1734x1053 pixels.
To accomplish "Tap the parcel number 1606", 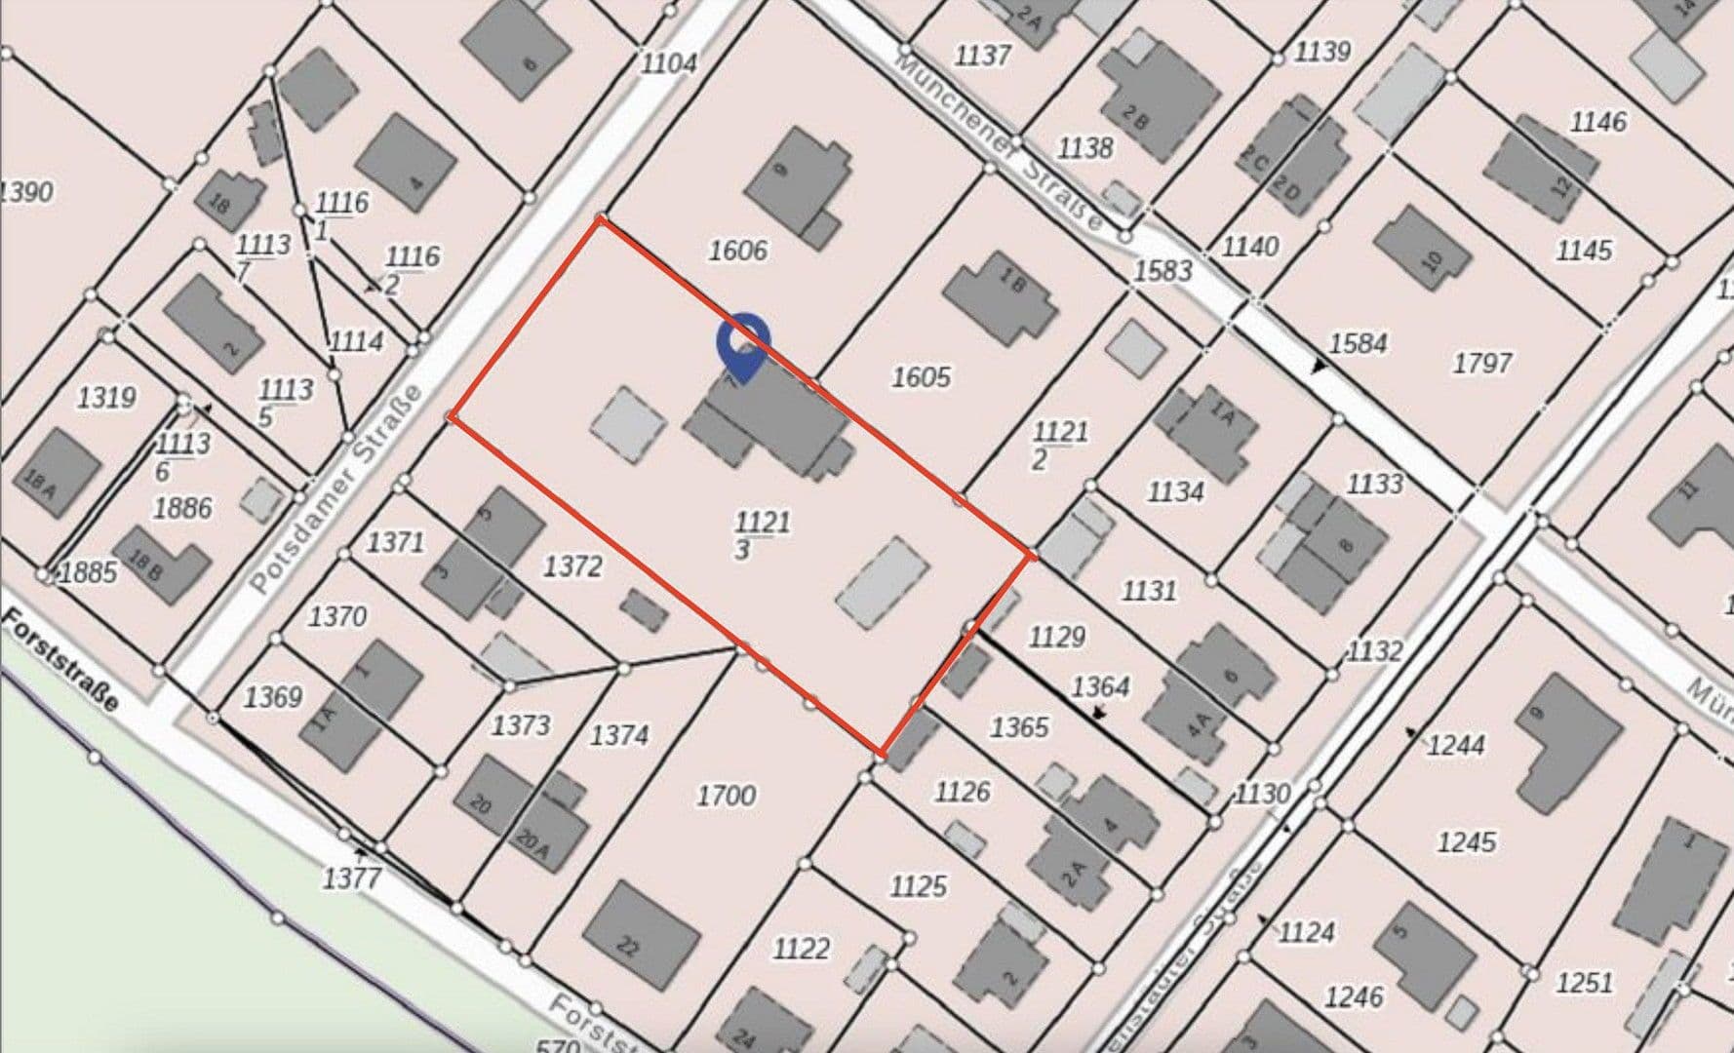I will point(737,251).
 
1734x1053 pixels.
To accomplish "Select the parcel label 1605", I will point(921,376).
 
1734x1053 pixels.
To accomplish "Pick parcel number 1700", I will point(726,796).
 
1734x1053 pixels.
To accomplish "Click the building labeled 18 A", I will point(57,474).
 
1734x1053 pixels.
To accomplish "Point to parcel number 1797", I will point(1481,363).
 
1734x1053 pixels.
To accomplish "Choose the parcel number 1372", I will point(572,565).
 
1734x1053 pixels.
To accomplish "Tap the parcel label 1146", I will point(1597,122).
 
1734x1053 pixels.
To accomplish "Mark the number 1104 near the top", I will point(669,63).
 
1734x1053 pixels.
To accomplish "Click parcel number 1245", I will point(1466,840).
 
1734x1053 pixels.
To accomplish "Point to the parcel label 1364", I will point(1100,686).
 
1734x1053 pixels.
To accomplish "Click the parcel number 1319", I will point(106,398).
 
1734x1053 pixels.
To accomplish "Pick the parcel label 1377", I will point(351,878).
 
